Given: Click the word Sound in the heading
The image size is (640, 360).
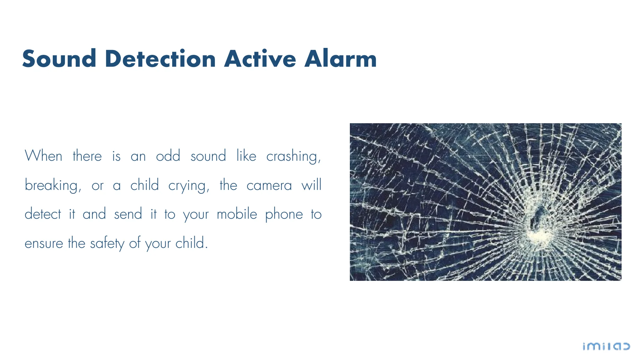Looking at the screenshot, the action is coord(59,58).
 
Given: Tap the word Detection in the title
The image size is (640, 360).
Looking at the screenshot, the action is coord(160,58).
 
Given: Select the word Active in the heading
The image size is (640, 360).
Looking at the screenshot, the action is coord(260,58).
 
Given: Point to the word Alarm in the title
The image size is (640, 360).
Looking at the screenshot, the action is coord(340,58).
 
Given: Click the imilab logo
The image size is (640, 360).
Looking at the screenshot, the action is coord(606,346).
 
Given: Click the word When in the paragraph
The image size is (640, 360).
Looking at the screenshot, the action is coord(43,156).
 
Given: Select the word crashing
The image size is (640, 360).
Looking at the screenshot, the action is coord(293,157).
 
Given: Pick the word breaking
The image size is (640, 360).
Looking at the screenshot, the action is coord(53,186).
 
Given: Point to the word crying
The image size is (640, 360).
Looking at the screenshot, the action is coord(189,186).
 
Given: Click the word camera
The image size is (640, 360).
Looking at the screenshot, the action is coord(269,186).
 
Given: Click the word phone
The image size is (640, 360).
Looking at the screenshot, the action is coord(284,215).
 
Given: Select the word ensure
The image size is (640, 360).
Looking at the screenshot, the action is coord(44,243).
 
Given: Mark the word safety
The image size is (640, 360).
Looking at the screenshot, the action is coord(107,243).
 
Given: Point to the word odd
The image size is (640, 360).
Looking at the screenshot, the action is coord(168,156).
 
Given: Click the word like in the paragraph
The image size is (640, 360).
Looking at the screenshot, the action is coord(246,156).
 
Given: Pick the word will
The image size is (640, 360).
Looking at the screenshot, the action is coord(311,185).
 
